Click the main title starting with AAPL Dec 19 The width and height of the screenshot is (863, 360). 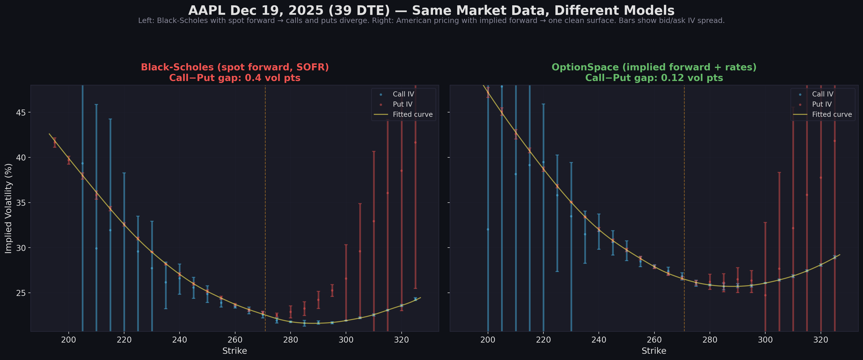pyautogui.click(x=431, y=10)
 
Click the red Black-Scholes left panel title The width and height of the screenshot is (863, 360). pyautogui.click(x=234, y=67)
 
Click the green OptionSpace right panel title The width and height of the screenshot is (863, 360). pyautogui.click(x=654, y=67)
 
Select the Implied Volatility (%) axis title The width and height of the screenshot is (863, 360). pyautogui.click(x=8, y=208)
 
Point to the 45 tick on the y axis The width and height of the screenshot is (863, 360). pyautogui.click(x=21, y=112)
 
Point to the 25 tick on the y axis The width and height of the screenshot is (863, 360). pyautogui.click(x=21, y=293)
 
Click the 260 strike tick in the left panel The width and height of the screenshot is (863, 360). pyautogui.click(x=235, y=340)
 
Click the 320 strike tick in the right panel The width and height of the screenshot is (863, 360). pyautogui.click(x=820, y=340)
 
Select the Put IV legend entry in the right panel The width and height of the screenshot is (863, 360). pyautogui.click(x=821, y=104)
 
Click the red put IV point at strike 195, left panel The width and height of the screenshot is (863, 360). pyautogui.click(x=55, y=142)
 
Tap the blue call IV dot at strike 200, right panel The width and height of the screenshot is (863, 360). pyautogui.click(x=488, y=229)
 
